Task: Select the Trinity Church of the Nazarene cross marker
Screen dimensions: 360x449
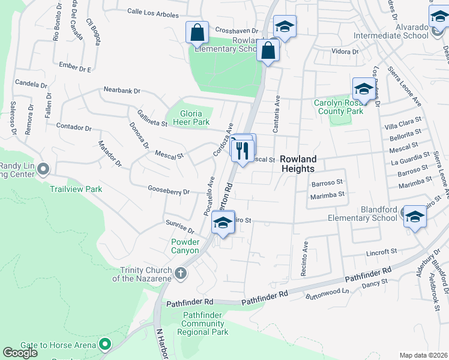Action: coord(181,274)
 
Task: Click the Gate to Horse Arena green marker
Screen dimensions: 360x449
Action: coord(106,344)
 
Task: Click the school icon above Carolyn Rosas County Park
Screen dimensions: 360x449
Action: coord(363,89)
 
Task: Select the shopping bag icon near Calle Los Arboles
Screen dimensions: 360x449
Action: coord(197,32)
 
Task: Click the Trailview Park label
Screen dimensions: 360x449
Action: coord(76,189)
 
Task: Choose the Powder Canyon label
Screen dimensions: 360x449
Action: coord(185,246)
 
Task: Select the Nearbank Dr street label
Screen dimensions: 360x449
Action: coord(121,91)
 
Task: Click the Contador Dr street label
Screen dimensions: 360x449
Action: coord(74,128)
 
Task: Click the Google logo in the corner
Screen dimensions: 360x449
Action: coord(20,353)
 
